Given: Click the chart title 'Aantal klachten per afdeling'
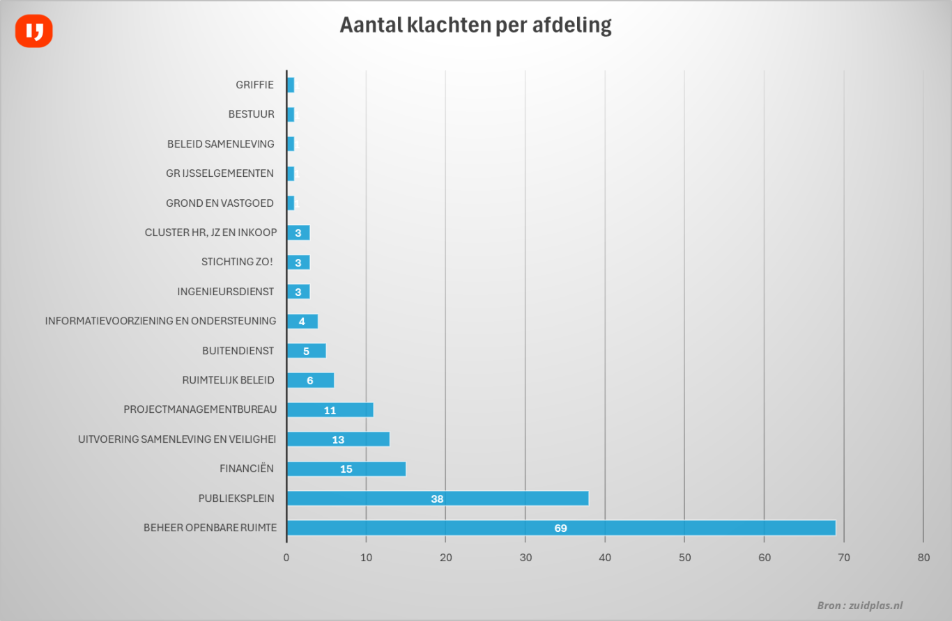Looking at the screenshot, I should pyautogui.click(x=475, y=25).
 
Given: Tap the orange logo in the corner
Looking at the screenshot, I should pyautogui.click(x=34, y=31).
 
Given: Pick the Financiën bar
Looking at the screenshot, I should pyautogui.click(x=346, y=469).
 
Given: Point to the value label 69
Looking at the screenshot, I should pyautogui.click(x=560, y=528).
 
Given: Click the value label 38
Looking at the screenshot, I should pyautogui.click(x=437, y=499).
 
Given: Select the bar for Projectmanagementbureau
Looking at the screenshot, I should pyautogui.click(x=330, y=410).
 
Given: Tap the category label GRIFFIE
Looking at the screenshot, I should pyautogui.click(x=254, y=85).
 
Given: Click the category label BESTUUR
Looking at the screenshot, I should pyautogui.click(x=251, y=114).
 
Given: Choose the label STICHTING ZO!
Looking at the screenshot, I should pyautogui.click(x=237, y=262).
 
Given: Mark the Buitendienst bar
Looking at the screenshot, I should pyautogui.click(x=306, y=351).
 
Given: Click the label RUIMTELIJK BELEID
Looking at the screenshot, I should pyautogui.click(x=227, y=380).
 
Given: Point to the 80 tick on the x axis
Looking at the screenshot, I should pyautogui.click(x=923, y=558).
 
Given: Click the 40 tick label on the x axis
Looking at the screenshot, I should pyautogui.click(x=605, y=558).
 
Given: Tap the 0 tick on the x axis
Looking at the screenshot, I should pyautogui.click(x=286, y=558).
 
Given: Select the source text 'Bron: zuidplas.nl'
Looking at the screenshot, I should pyautogui.click(x=859, y=606).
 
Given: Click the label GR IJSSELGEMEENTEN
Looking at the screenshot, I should pyautogui.click(x=220, y=173).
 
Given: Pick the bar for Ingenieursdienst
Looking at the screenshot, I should pyautogui.click(x=298, y=292).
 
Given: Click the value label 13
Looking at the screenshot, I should pyautogui.click(x=338, y=440).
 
